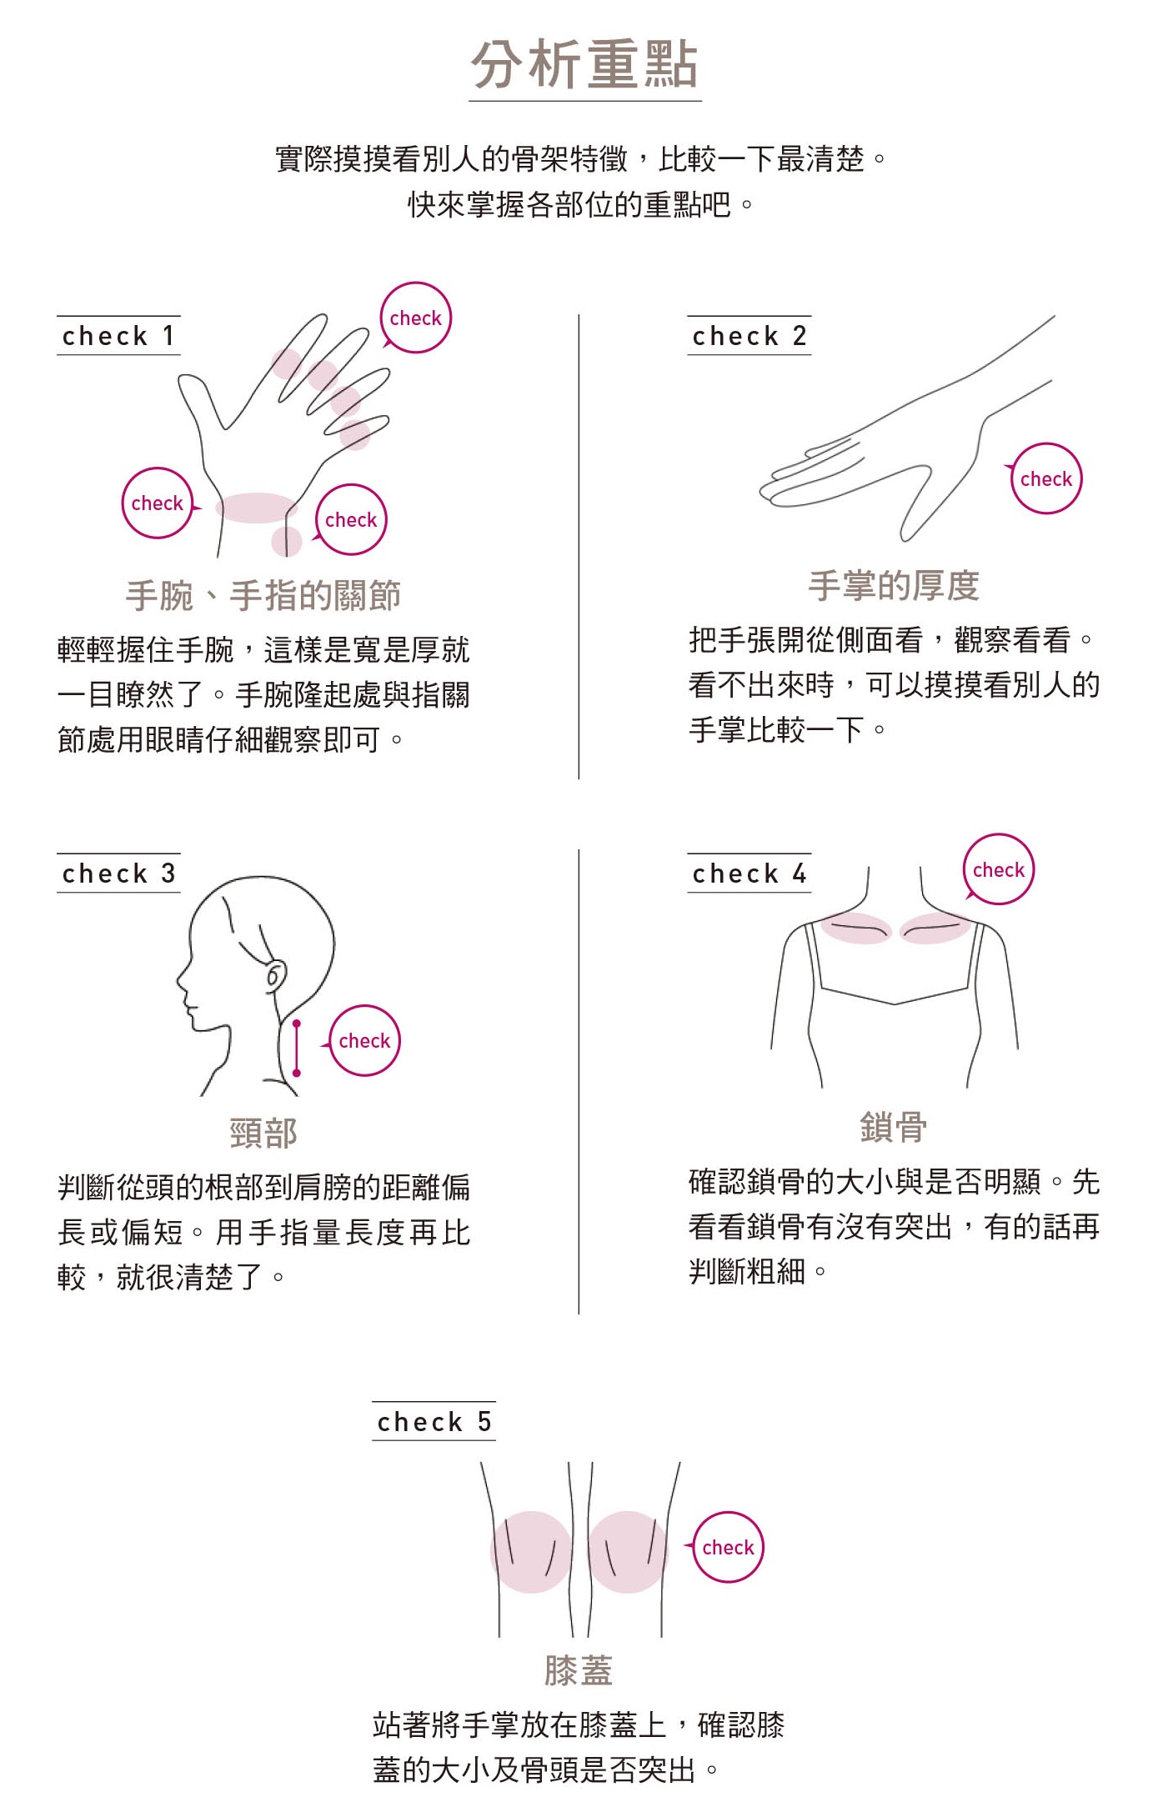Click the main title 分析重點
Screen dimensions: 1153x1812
click(x=584, y=64)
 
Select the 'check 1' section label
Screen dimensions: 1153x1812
click(x=118, y=336)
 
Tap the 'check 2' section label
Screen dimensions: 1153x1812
click(x=749, y=336)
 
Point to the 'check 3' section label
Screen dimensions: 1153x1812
click(x=118, y=873)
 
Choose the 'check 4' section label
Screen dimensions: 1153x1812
click(x=749, y=873)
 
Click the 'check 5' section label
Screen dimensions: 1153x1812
click(x=434, y=1421)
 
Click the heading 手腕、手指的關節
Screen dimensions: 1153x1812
click(x=263, y=595)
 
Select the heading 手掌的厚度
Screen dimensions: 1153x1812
click(x=894, y=585)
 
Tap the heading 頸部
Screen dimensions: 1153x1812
click(x=263, y=1133)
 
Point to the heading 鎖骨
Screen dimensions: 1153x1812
click(x=894, y=1127)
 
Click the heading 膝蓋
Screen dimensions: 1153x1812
click(x=579, y=1670)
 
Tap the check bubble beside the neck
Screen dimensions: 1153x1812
click(x=363, y=1040)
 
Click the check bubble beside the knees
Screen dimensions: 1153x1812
click(x=727, y=1547)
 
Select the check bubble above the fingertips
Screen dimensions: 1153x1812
click(x=415, y=318)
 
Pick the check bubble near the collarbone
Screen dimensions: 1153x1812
click(x=998, y=869)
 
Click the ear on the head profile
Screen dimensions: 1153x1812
click(x=275, y=975)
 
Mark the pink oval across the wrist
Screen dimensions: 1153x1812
click(x=257, y=508)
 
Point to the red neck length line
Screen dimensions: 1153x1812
click(x=297, y=1047)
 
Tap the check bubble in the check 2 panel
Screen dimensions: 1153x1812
click(x=1045, y=478)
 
